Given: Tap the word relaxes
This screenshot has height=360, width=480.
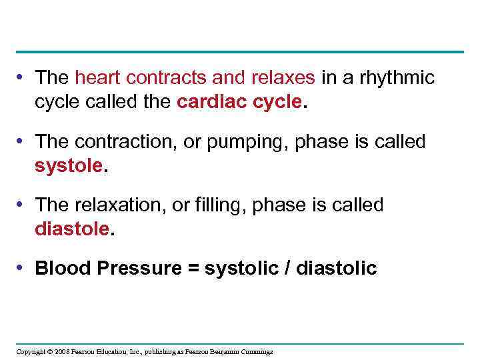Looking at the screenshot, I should click(x=283, y=78).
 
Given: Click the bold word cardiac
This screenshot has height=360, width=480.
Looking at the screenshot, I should click(x=207, y=103).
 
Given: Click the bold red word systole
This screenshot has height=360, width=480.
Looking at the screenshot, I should click(x=69, y=165).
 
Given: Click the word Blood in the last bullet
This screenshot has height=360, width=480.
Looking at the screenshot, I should click(x=63, y=268).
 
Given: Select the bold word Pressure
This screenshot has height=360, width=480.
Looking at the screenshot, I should click(x=138, y=268).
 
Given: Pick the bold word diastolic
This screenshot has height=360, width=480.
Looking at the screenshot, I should click(x=336, y=268).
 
